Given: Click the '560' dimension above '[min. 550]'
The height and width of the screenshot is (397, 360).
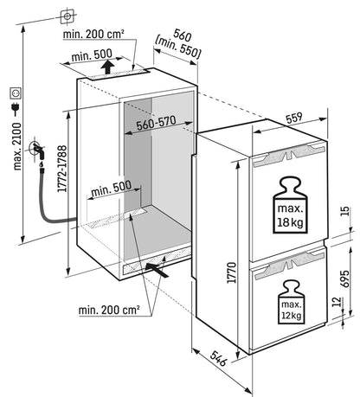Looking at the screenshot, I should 180,38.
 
